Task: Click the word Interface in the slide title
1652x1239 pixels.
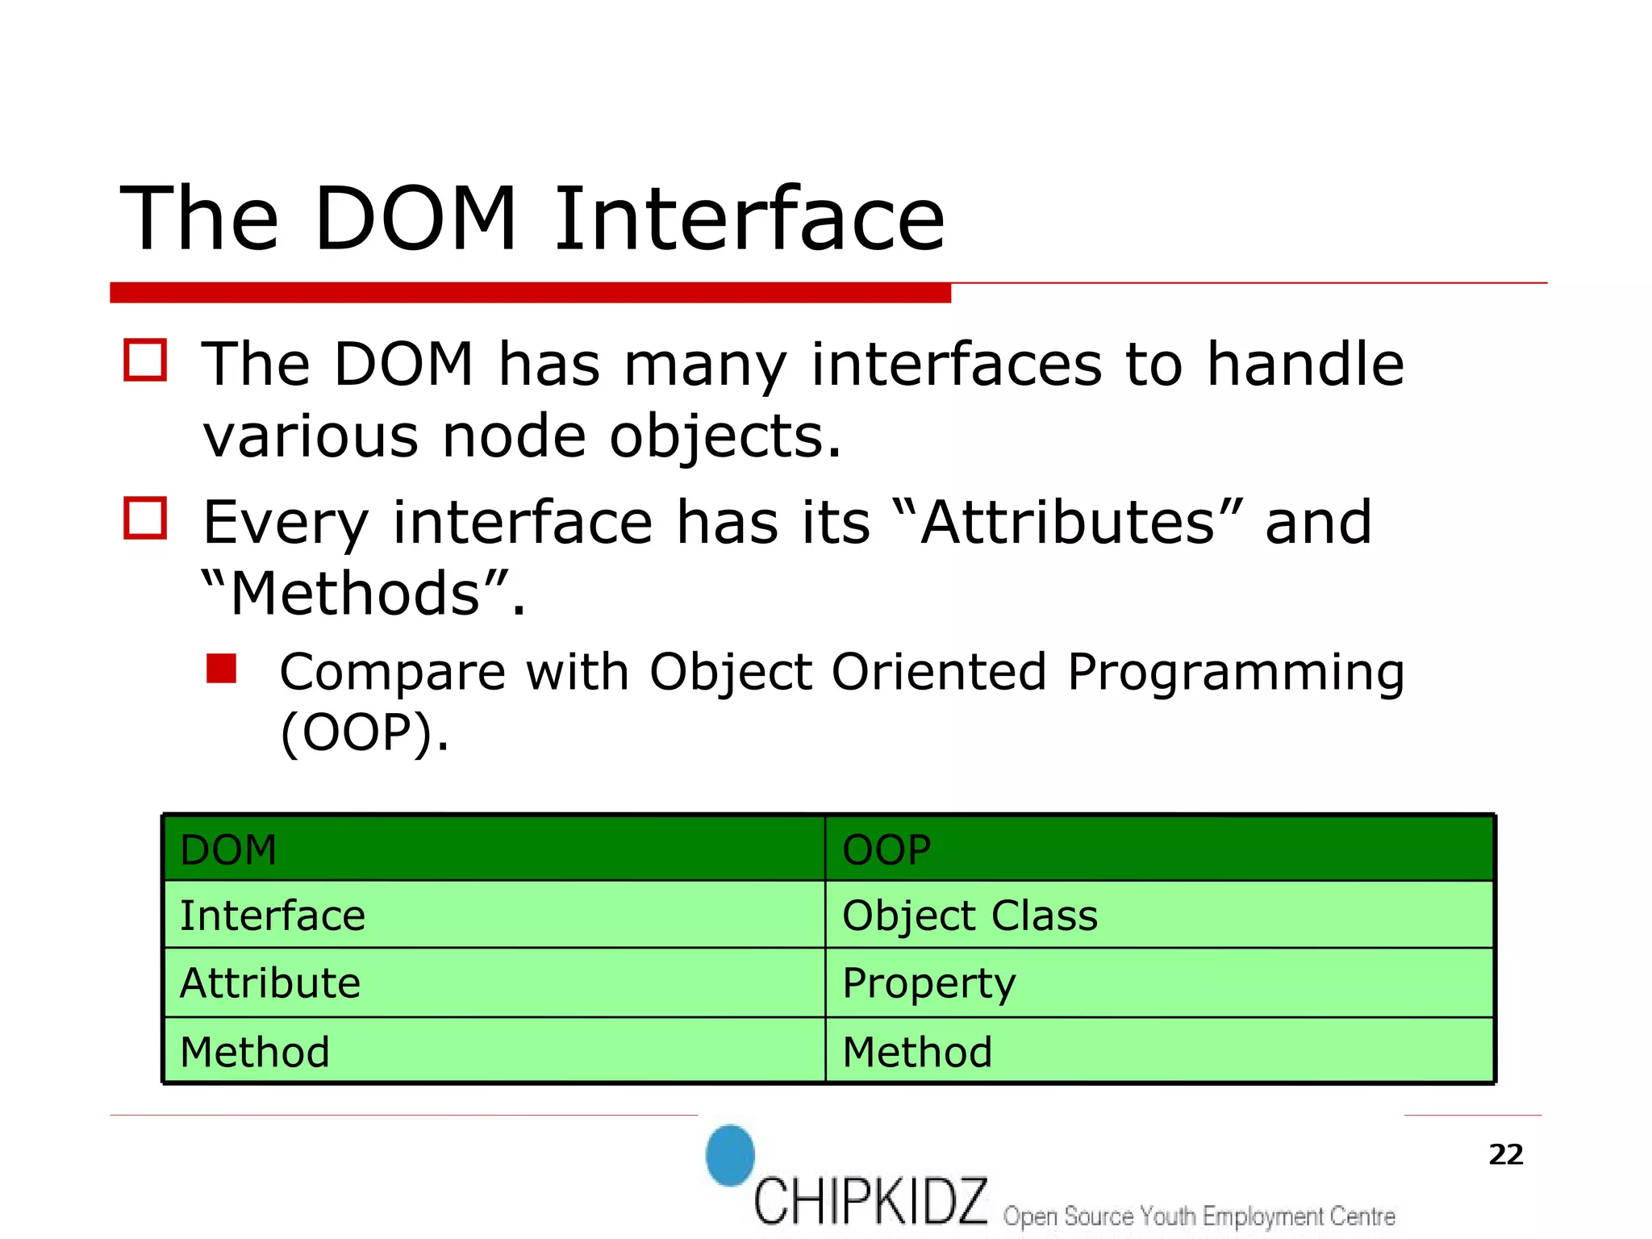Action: pos(749,219)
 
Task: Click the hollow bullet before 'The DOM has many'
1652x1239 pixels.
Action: pos(145,360)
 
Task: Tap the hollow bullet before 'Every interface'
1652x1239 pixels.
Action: pos(145,518)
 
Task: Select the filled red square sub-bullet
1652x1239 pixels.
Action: pos(221,669)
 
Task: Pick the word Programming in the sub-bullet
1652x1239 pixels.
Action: pos(1235,672)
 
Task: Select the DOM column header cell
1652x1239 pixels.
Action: pos(494,849)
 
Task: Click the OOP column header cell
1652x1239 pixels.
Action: pos(1158,849)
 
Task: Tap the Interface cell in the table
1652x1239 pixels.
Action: pos(494,915)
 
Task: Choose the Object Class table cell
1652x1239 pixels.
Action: pos(1158,915)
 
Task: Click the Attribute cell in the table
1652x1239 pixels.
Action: pos(494,982)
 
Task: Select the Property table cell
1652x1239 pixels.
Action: pos(1158,982)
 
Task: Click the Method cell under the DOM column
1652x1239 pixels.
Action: pos(494,1050)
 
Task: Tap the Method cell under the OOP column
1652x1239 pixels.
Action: pos(1158,1050)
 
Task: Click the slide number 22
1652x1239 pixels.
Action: pos(1505,1154)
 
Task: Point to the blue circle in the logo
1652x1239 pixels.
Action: pos(730,1155)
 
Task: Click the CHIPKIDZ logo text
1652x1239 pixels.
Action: pos(870,1201)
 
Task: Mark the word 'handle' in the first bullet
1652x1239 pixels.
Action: pos(1304,364)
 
